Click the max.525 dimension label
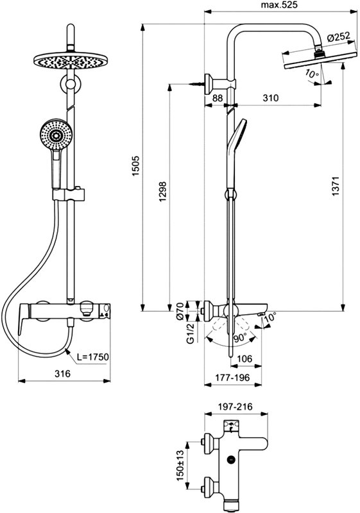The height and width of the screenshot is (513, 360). pyautogui.click(x=279, y=5)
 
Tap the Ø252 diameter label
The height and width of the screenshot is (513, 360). pyautogui.click(x=338, y=37)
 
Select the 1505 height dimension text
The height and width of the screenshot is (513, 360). pyautogui.click(x=136, y=166)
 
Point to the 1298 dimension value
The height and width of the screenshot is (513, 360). pyautogui.click(x=162, y=192)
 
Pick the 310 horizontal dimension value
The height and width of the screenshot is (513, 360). pyautogui.click(x=271, y=97)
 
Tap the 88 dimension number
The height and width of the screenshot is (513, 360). pyautogui.click(x=218, y=97)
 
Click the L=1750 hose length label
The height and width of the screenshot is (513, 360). pyautogui.click(x=92, y=357)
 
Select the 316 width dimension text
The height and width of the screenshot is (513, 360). pyautogui.click(x=62, y=373)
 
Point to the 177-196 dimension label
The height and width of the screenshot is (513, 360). pyautogui.click(x=232, y=378)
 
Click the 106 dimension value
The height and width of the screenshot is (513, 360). pyautogui.click(x=244, y=359)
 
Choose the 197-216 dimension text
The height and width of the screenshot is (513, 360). pyautogui.click(x=236, y=407)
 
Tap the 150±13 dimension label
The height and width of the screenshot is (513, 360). pyautogui.click(x=180, y=466)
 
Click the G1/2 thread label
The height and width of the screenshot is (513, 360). pyautogui.click(x=190, y=333)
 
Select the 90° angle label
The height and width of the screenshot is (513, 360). pyautogui.click(x=240, y=338)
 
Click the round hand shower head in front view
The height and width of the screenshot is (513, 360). pyautogui.click(x=56, y=135)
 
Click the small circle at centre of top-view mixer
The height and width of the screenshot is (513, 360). pyautogui.click(x=232, y=460)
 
